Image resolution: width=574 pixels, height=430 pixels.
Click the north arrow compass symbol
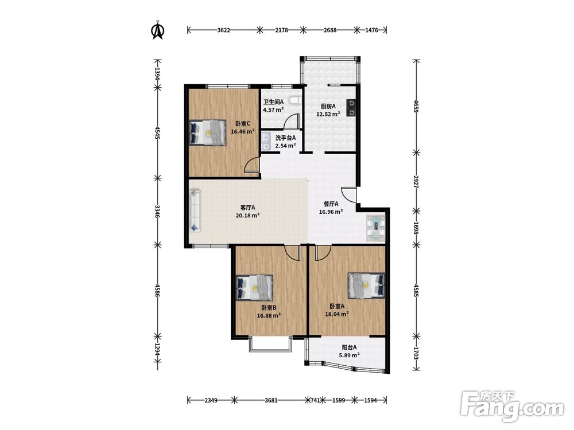pos(158,30)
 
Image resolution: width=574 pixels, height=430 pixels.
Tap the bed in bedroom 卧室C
pos(208,133)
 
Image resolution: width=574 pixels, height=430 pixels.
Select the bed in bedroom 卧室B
pos(255,287)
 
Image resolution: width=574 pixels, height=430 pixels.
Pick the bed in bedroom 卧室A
pos(366,285)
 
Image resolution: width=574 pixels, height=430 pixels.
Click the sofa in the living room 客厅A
pos(195,210)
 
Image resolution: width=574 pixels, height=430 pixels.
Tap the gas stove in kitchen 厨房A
pos(351,108)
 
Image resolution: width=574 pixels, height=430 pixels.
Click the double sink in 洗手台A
pos(266,142)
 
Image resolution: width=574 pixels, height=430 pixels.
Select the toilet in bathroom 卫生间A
pos(294,100)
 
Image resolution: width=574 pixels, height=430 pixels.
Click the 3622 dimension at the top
pos(224,30)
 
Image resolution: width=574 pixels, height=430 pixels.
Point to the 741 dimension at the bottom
pos(315,400)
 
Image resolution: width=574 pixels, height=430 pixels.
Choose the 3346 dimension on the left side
pos(157,212)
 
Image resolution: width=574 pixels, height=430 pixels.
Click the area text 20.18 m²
pos(248,216)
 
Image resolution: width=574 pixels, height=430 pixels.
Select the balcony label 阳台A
pos(349,347)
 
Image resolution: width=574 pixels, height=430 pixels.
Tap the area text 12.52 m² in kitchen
pos(328,114)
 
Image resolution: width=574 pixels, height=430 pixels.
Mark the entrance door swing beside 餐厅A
pos(349,194)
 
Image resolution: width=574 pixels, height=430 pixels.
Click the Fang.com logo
pos(512,406)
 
